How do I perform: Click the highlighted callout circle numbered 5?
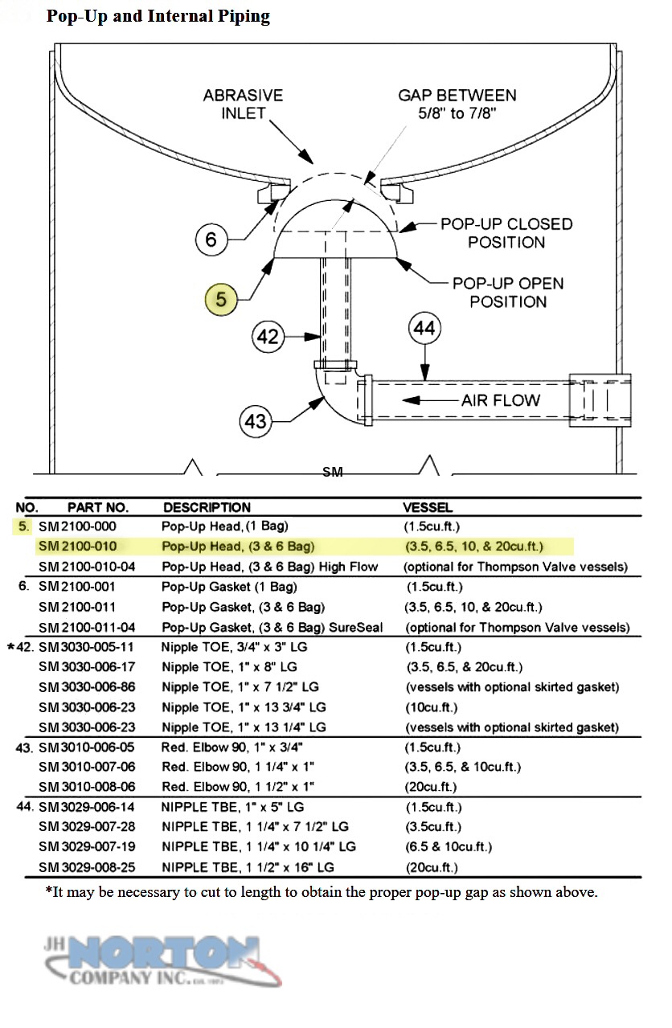[221, 299]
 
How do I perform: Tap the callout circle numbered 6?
[211, 239]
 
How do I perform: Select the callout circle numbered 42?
[268, 337]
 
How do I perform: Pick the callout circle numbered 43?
[256, 421]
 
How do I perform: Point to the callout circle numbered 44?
[424, 328]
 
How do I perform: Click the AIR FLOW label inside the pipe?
[500, 400]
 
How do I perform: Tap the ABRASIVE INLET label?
[244, 104]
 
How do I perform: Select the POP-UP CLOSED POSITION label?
[506, 233]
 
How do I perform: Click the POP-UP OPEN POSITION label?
[508, 293]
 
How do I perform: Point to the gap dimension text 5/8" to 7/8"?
[457, 113]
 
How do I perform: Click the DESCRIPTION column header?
[207, 507]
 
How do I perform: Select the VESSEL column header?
[428, 507]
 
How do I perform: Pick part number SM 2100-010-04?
[87, 567]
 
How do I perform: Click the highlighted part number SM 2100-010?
[78, 546]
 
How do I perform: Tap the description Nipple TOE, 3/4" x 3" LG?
[234, 647]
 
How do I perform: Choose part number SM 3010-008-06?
[87, 787]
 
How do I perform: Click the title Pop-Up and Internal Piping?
[158, 16]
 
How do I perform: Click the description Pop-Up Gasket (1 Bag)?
[229, 587]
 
